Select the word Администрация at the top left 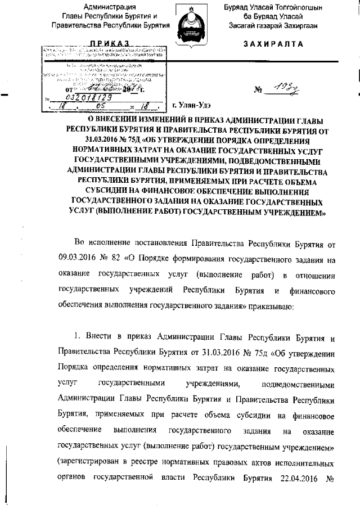pos(109,7)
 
